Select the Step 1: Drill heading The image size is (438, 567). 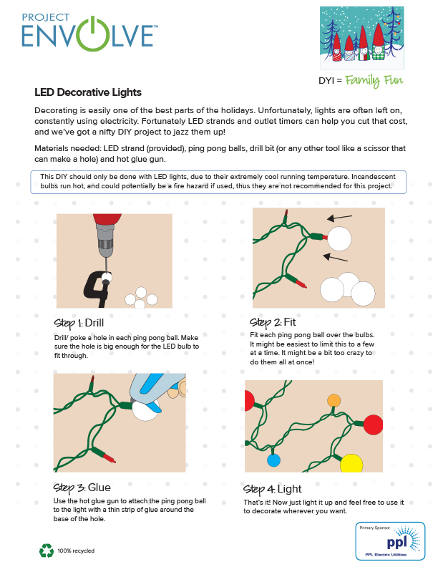click(x=84, y=321)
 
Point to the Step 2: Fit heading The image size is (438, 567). click(x=273, y=322)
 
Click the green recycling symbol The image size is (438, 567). click(x=47, y=551)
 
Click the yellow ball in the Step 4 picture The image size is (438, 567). click(x=351, y=463)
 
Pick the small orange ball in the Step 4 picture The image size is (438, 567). click(x=334, y=400)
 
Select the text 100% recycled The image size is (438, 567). click(x=77, y=551)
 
